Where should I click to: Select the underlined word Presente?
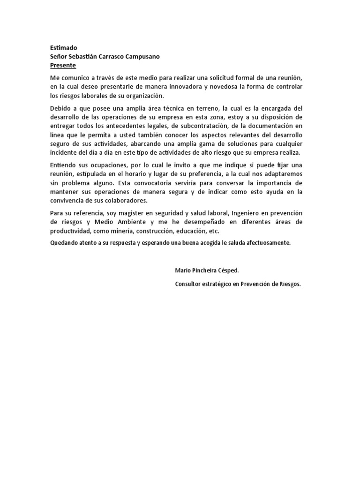click(x=63, y=65)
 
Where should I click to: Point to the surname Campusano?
click(x=140, y=57)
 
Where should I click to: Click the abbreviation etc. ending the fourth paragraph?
click(x=214, y=231)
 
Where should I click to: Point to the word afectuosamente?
click(x=267, y=243)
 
